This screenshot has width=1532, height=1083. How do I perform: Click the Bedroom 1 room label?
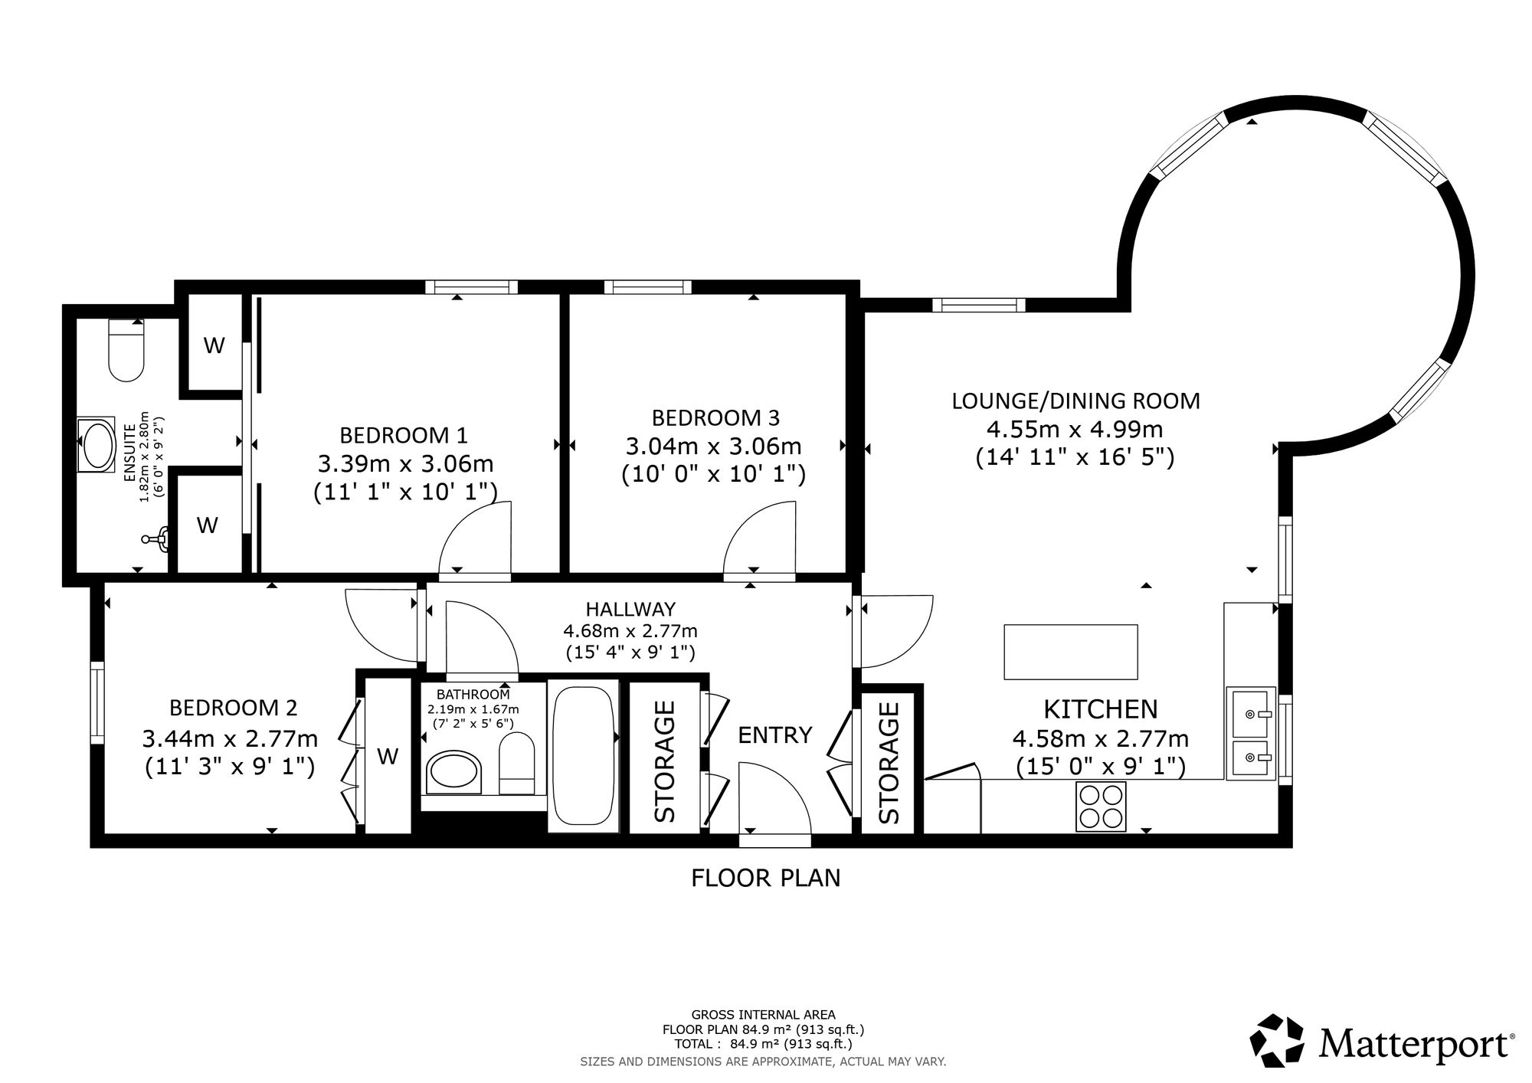pos(403,435)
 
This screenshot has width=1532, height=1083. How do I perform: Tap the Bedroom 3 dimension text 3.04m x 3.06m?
pos(713,446)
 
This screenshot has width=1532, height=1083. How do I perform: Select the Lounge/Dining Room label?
pos(1075,401)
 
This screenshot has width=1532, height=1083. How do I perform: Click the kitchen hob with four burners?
pos(1101,806)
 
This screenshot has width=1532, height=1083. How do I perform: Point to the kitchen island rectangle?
pos(1070,652)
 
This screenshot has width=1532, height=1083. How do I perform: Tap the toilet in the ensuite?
pos(126,350)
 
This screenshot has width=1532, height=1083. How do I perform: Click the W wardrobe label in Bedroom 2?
pos(388,757)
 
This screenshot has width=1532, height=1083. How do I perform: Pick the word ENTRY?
pos(774,735)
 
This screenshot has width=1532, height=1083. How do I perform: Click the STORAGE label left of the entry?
pos(664,761)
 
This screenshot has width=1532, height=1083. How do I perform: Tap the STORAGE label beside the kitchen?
pos(889,763)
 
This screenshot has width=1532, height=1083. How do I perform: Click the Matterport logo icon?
pos(1277,1040)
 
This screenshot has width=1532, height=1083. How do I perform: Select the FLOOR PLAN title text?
pos(765,878)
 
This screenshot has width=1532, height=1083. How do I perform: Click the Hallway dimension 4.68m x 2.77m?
pos(630,631)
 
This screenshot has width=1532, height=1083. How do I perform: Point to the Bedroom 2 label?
pos(234,707)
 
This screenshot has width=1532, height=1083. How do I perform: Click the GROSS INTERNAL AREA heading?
pos(764,1015)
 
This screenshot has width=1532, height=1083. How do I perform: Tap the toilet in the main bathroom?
pos(517,764)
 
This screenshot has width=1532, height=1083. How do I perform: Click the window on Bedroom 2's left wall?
pos(97,703)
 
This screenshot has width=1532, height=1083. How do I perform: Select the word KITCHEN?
pos(1101,709)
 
